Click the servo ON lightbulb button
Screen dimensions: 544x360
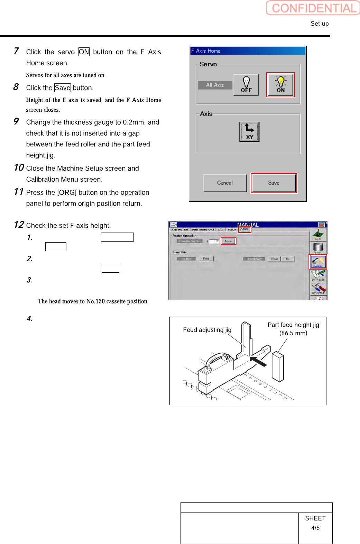pyautogui.click(x=280, y=85)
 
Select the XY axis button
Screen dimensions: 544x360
pyautogui.click(x=249, y=132)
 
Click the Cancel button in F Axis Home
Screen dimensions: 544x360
pyautogui.click(x=225, y=183)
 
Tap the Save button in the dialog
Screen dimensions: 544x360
pyautogui.click(x=274, y=183)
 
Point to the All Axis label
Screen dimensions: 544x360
pyautogui.click(x=215, y=85)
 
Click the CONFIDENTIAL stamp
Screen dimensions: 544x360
pyautogui.click(x=313, y=8)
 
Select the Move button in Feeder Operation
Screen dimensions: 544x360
pyautogui.click(x=228, y=241)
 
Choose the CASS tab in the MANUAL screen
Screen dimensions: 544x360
pyautogui.click(x=244, y=229)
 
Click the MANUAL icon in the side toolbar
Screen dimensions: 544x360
pyautogui.click(x=318, y=262)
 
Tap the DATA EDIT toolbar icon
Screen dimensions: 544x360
pyautogui.click(x=318, y=275)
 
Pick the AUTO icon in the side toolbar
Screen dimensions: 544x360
pyautogui.click(x=318, y=234)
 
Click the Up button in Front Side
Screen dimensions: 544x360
pyautogui.click(x=288, y=259)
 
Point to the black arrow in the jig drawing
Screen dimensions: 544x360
pyautogui.click(x=258, y=361)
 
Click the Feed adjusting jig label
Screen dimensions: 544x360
pyautogui.click(x=207, y=330)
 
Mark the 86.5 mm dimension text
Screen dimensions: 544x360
pyautogui.click(x=293, y=333)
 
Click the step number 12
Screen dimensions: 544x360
pyautogui.click(x=19, y=225)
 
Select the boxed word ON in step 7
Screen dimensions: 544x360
pyautogui.click(x=84, y=52)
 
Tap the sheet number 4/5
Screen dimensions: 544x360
pyautogui.click(x=315, y=528)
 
